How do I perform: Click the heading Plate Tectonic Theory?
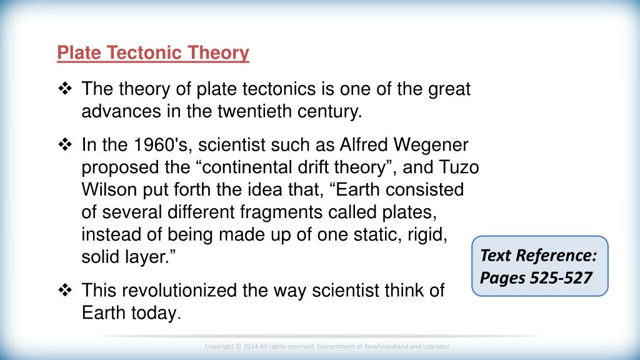click(x=153, y=52)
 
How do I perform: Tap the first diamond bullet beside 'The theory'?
click(x=65, y=89)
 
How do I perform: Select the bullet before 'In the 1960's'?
click(x=65, y=144)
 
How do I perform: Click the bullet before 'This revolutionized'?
click(x=65, y=290)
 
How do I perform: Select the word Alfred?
click(x=364, y=145)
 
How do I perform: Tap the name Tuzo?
click(x=459, y=167)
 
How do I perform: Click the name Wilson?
click(x=109, y=190)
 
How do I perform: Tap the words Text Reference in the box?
click(x=538, y=256)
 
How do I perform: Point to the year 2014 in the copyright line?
click(x=250, y=346)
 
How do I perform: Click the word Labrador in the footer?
click(x=436, y=346)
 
